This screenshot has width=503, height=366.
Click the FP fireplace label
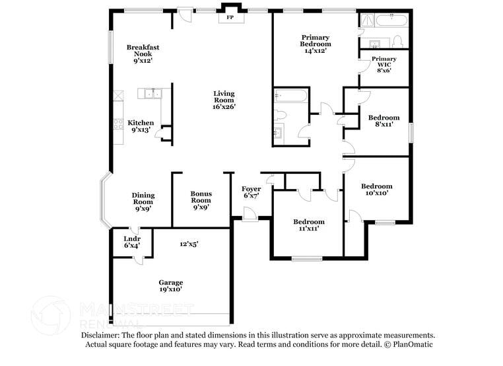[230, 17]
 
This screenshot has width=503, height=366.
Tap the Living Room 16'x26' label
[224, 100]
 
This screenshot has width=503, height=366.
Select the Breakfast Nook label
[143, 54]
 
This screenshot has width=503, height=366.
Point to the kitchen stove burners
[118, 124]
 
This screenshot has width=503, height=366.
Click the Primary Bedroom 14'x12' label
[315, 44]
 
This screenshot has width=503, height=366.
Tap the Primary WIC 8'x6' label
[384, 65]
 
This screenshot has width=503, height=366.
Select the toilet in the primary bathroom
[397, 42]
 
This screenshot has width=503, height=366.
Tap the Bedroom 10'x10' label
[376, 190]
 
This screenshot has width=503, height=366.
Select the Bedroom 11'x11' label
[308, 225]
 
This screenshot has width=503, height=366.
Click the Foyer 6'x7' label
[251, 192]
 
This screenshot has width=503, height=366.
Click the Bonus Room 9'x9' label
[201, 199]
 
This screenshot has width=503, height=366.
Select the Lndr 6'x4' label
[131, 242]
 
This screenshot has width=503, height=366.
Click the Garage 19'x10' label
[170, 285]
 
